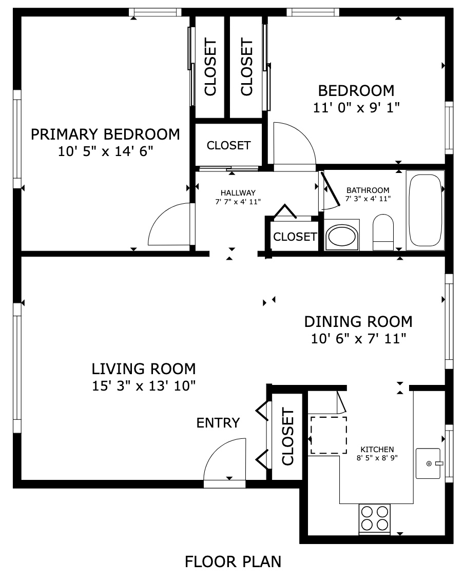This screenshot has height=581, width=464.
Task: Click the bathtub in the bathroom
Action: tap(425, 210)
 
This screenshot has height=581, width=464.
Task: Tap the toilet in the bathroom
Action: tap(383, 232)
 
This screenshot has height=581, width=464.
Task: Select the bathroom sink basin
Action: tap(342, 235)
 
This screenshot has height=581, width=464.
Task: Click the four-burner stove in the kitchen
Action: tap(374, 519)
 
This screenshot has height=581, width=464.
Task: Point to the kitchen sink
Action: tap(429, 463)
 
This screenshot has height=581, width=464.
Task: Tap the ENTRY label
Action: tap(218, 423)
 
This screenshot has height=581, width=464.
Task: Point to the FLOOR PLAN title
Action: tap(233, 561)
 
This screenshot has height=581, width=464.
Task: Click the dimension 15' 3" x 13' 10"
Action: tap(144, 386)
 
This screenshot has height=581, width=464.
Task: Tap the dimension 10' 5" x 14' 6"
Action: tap(105, 151)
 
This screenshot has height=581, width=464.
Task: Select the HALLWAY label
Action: tap(238, 192)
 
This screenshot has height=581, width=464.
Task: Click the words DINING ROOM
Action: tap(358, 322)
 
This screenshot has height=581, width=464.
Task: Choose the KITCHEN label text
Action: tap(377, 450)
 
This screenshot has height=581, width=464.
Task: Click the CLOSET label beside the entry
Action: tap(287, 436)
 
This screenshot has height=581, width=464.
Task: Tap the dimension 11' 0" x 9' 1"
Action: tap(357, 107)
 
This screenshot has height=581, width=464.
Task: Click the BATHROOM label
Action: tap(368, 190)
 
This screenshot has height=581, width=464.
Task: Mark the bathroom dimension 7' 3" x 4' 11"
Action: tap(368, 199)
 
